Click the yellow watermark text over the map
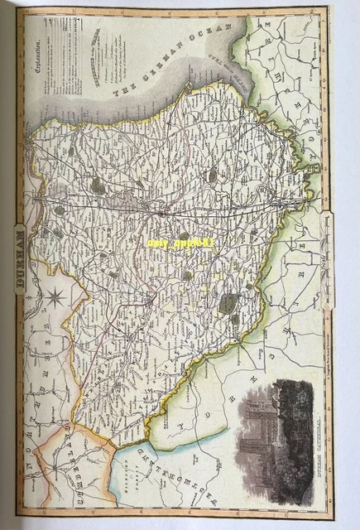coord(180,244)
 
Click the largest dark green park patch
coord(228,305)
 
